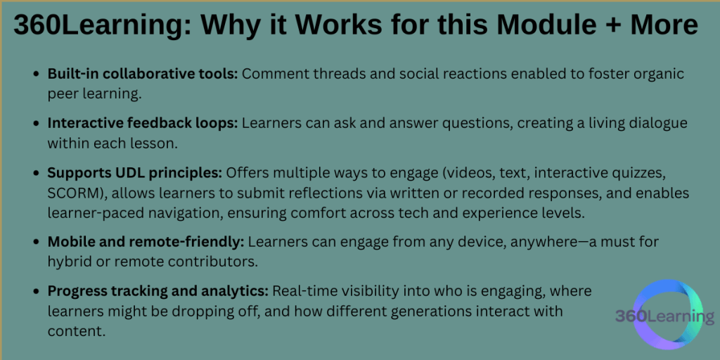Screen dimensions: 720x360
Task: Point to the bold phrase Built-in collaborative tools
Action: point(143,74)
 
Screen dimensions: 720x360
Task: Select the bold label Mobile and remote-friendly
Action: point(146,242)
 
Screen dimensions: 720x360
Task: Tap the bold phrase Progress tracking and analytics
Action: point(158,291)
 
